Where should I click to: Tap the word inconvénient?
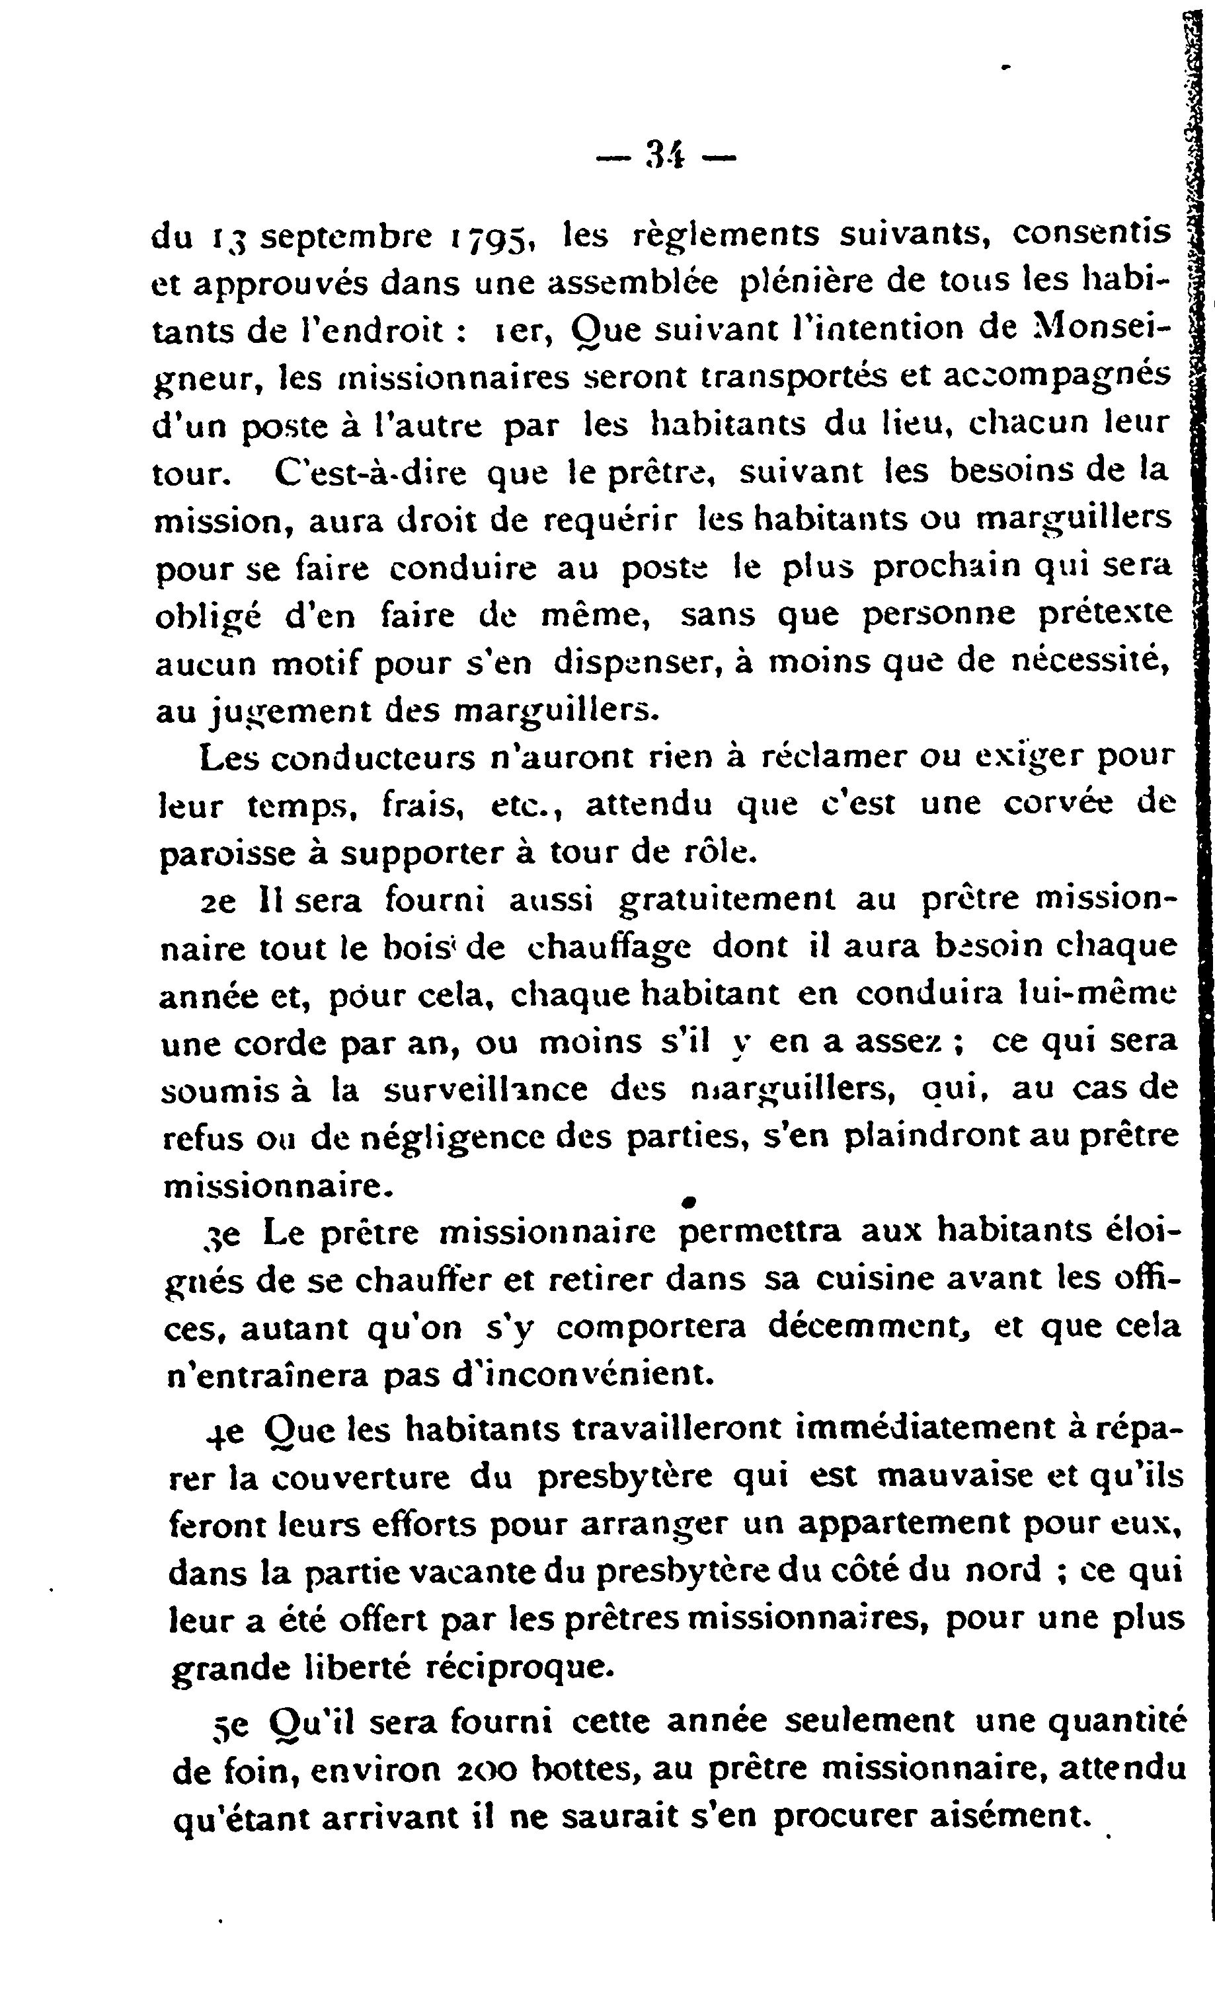(574, 1374)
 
